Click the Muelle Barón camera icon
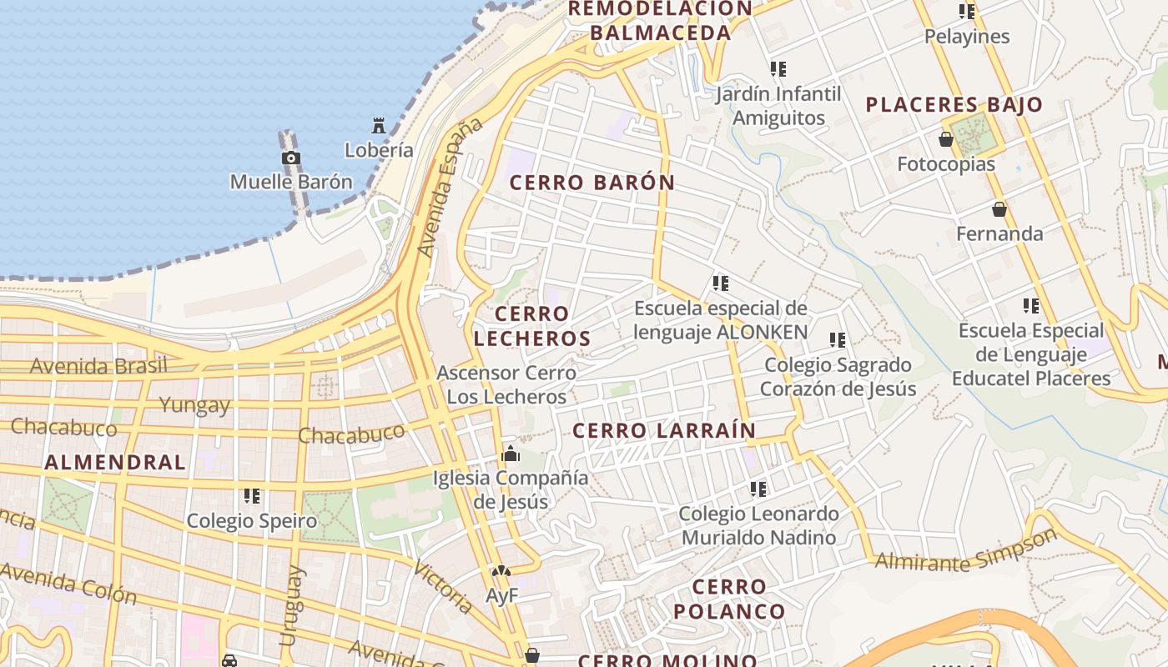pos(290,158)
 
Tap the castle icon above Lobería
pos(379,127)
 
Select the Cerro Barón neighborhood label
pos(592,183)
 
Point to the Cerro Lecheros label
pos(532,326)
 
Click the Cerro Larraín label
pos(664,430)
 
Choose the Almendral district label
pos(115,462)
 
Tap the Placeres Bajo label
pos(954,105)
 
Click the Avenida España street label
pos(451,187)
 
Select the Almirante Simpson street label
pos(966,551)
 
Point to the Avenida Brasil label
pos(98,365)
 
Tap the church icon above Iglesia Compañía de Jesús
pos(510,454)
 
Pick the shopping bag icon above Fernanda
pos(999,209)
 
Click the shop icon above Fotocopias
pos(946,139)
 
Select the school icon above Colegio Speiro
pos(252,497)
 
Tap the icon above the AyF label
pos(501,572)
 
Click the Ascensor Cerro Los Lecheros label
pos(506,384)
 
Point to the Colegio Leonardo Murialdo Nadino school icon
pos(758,489)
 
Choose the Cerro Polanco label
pos(729,599)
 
